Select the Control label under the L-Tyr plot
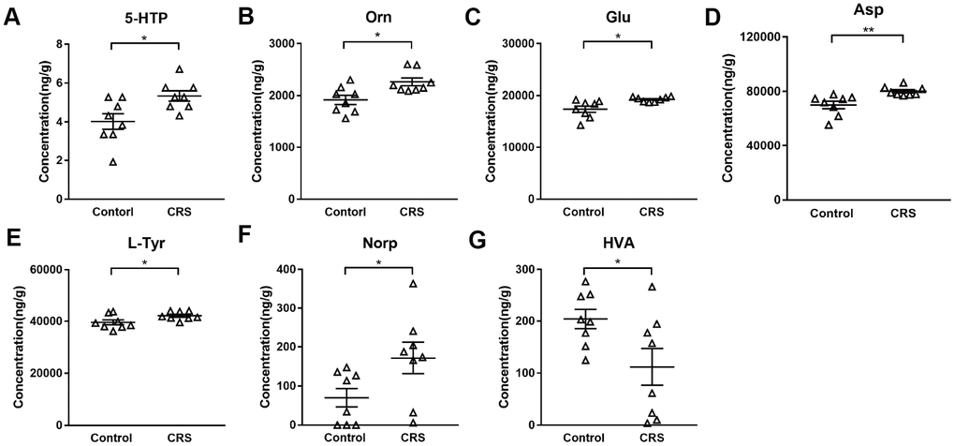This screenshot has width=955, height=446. (110, 437)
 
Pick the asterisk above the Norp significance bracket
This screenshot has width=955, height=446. (379, 262)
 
